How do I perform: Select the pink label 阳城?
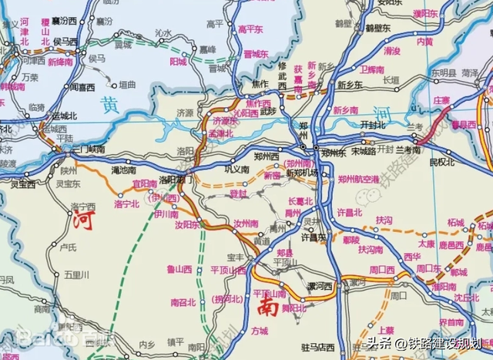coord(178,61)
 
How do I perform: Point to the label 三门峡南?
coord(84,148)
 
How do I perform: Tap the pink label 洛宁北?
coord(126,204)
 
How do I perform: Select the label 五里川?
coord(77,274)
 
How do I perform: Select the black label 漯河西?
coord(318,285)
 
